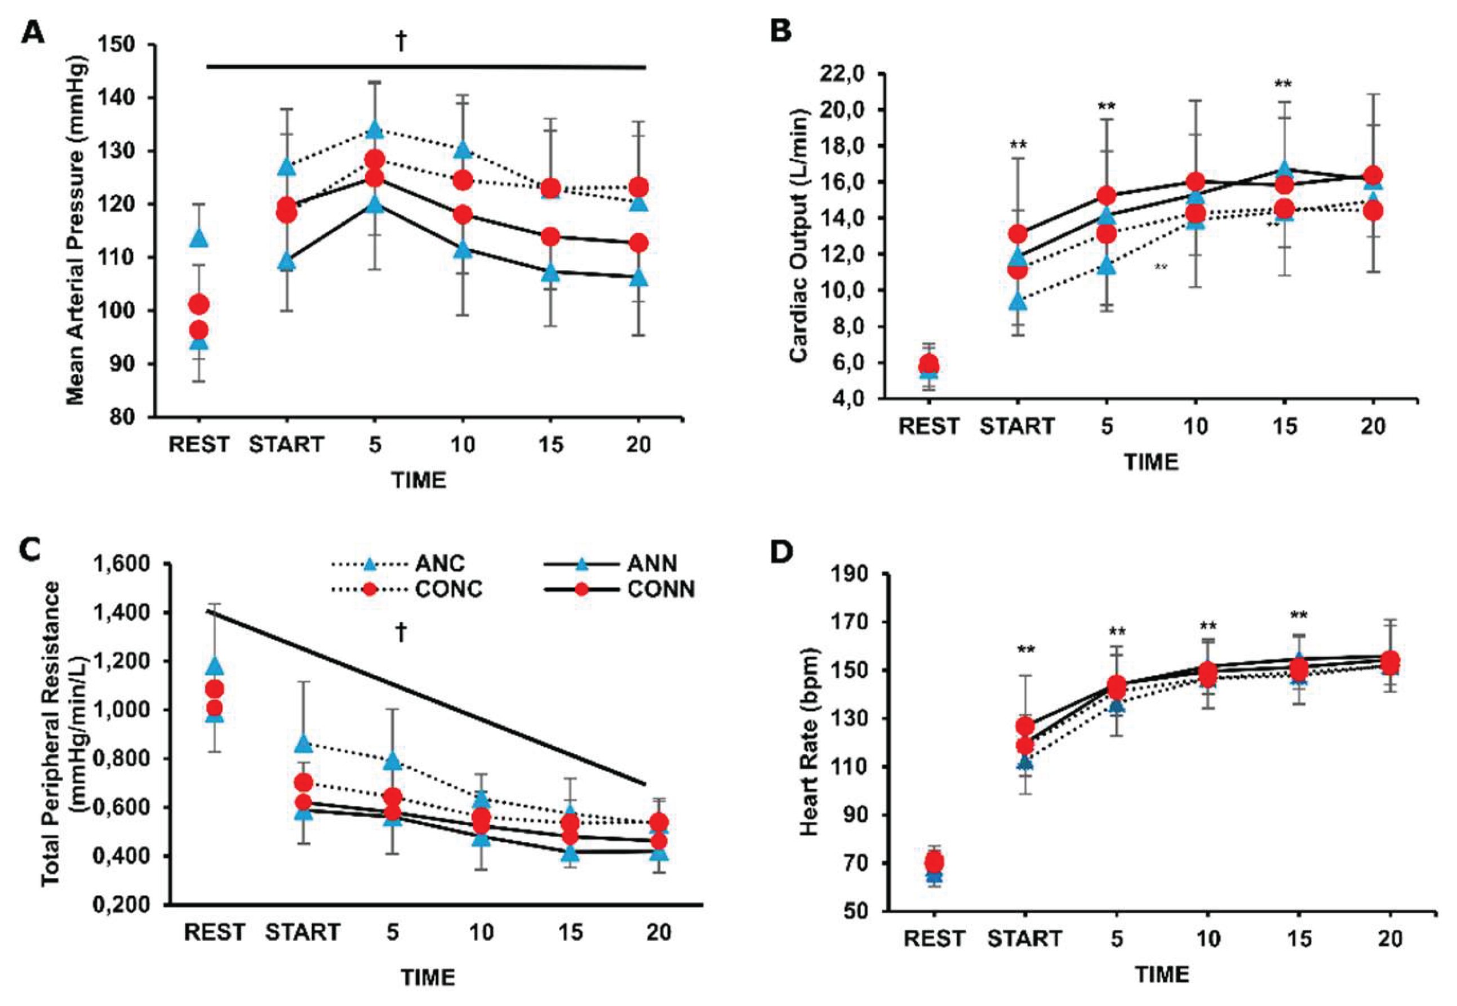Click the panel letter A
[x=33, y=32]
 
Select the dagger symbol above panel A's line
[x=401, y=42]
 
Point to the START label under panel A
[x=286, y=445]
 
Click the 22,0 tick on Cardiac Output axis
[x=846, y=74]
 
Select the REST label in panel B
[x=928, y=427]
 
